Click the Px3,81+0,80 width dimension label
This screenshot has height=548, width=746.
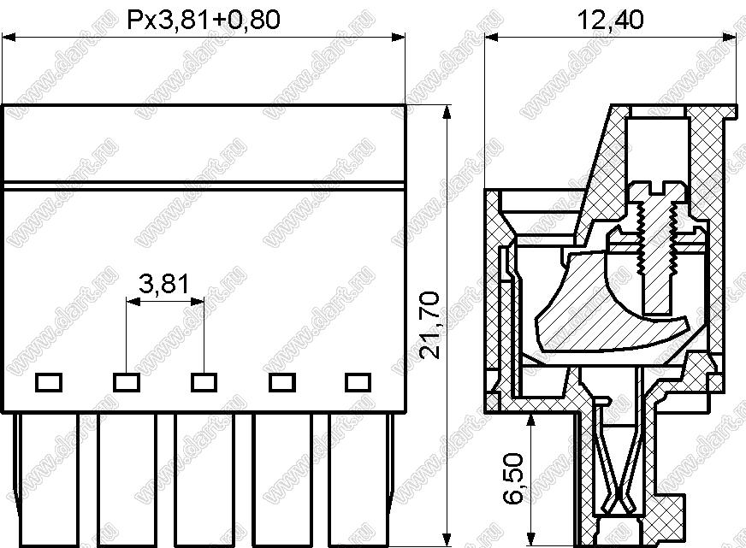click(204, 20)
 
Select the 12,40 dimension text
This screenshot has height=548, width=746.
click(610, 20)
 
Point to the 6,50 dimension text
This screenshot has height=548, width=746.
click(513, 478)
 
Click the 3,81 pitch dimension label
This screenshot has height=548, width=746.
click(164, 284)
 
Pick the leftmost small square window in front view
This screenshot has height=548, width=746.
click(49, 383)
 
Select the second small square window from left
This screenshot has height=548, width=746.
click(126, 383)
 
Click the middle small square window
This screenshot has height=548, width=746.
click(204, 383)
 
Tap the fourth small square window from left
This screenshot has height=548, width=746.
click(281, 383)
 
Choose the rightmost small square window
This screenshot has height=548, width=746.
click(358, 383)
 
